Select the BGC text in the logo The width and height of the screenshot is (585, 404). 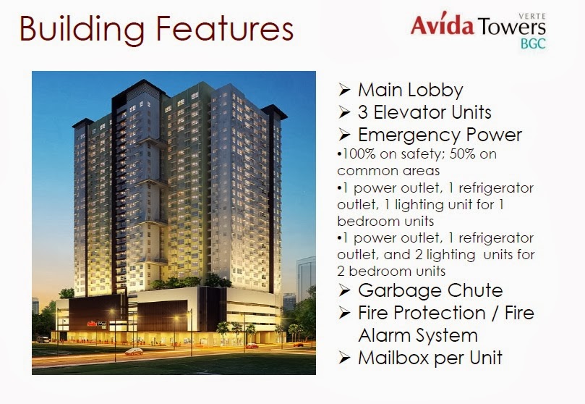click(x=534, y=42)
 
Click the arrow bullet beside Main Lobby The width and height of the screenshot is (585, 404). click(x=344, y=91)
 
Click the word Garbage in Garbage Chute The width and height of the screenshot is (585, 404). click(x=395, y=291)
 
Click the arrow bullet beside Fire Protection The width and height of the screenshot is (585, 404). click(x=344, y=313)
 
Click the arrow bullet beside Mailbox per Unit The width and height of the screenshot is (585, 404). click(x=344, y=357)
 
